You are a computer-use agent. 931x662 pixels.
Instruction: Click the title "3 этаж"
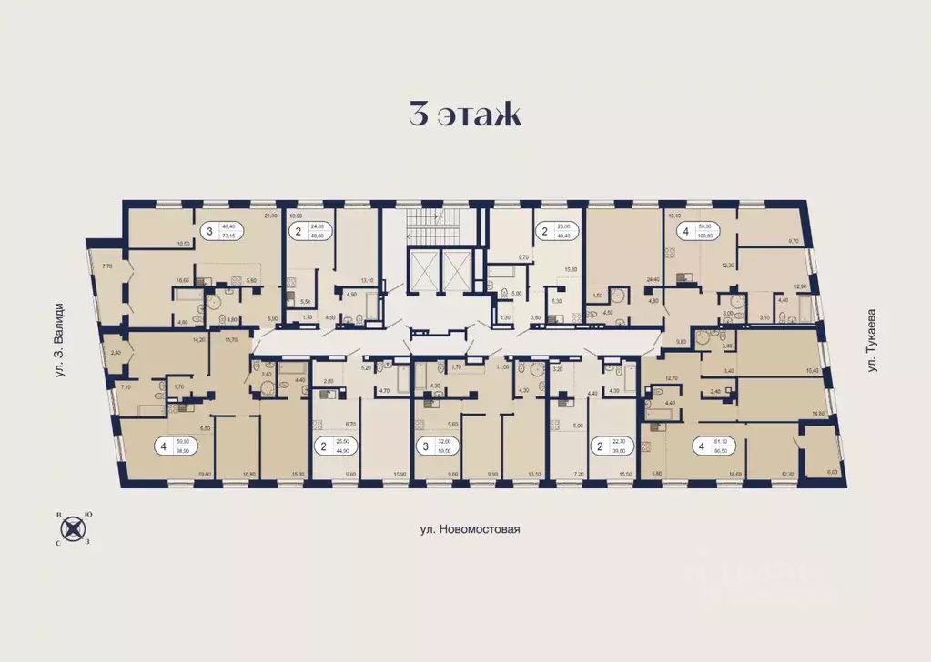tap(464, 115)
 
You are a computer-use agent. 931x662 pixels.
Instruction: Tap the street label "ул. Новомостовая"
tap(465, 529)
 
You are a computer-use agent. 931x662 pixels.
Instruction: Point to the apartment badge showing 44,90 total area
tap(333, 446)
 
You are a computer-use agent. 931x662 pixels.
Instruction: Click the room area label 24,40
tap(651, 281)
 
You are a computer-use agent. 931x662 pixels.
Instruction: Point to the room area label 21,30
tap(269, 216)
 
